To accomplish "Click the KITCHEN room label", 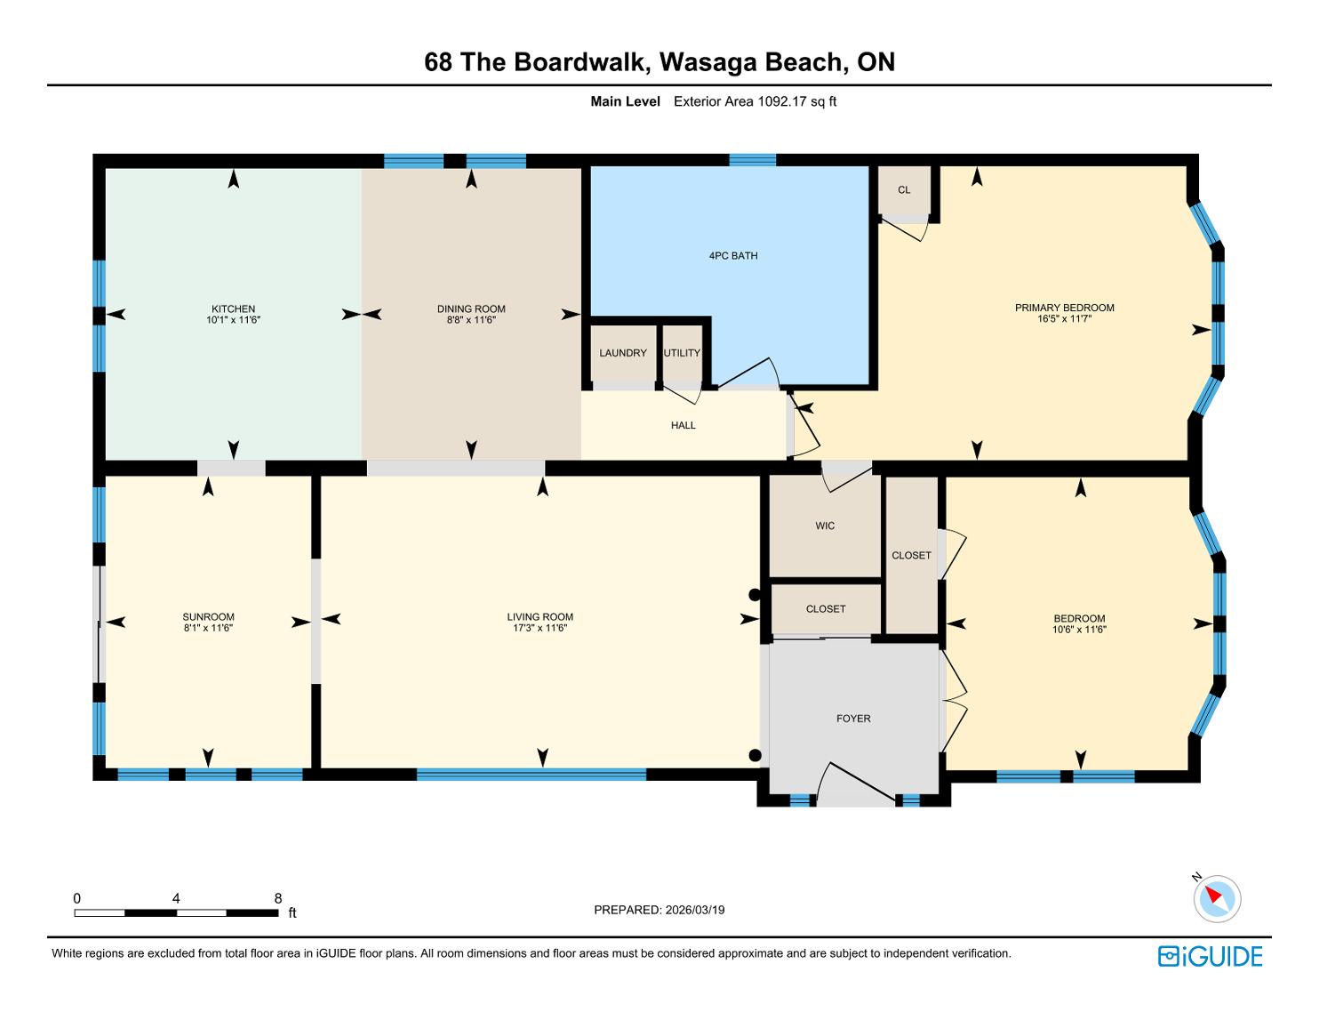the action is pyautogui.click(x=233, y=309).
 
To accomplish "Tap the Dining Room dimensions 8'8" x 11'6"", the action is pyautogui.click(x=471, y=320).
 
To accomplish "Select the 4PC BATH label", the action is pyautogui.click(x=733, y=255).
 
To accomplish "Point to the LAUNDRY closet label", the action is pyautogui.click(x=623, y=353).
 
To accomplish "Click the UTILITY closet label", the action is pyautogui.click(x=683, y=353).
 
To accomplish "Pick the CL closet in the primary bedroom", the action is pyautogui.click(x=904, y=190).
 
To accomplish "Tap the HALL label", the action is pyautogui.click(x=683, y=425).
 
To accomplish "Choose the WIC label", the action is pyautogui.click(x=825, y=526).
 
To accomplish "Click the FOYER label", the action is pyautogui.click(x=853, y=719).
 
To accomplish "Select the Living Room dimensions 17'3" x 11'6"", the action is pyautogui.click(x=540, y=628).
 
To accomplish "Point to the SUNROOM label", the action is pyautogui.click(x=208, y=617).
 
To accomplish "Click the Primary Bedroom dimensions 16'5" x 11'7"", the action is pyautogui.click(x=1064, y=318).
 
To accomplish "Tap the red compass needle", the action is pyautogui.click(x=1213, y=895).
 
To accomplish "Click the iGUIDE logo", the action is pyautogui.click(x=1210, y=956).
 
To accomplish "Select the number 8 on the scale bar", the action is pyautogui.click(x=278, y=898).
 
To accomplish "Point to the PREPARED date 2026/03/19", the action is pyautogui.click(x=694, y=910).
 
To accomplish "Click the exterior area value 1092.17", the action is pyautogui.click(x=782, y=101).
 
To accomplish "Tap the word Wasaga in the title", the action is pyautogui.click(x=707, y=62).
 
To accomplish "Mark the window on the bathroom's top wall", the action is pyautogui.click(x=752, y=160).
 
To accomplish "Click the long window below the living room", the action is pyautogui.click(x=532, y=774).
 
